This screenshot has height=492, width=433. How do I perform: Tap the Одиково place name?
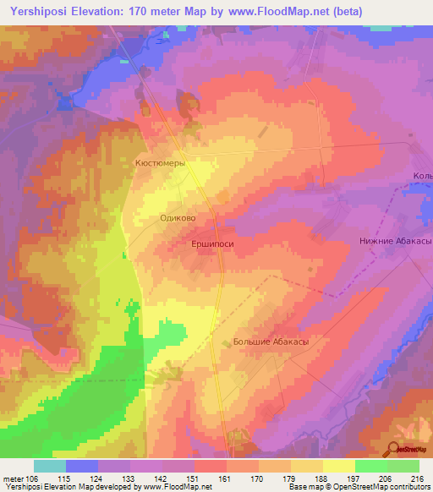(178, 218)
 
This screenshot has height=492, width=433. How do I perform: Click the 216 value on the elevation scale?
(418, 479)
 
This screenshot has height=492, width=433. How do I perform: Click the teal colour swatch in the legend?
(50, 466)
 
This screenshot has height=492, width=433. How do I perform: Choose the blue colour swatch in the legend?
(82, 466)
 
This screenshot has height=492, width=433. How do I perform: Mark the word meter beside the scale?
(13, 479)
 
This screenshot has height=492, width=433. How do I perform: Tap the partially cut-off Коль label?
(422, 176)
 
